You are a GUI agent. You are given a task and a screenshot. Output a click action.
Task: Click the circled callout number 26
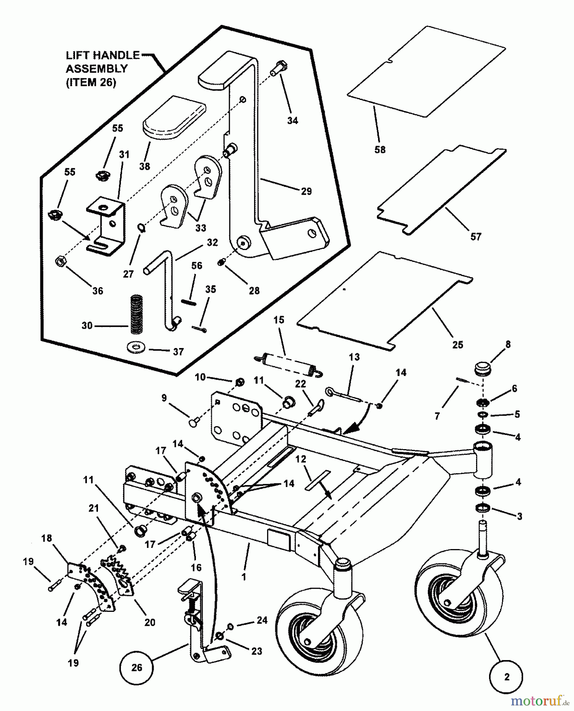tap(137, 668)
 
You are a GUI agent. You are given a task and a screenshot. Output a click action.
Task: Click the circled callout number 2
tap(506, 677)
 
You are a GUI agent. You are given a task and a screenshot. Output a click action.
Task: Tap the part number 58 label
tap(380, 150)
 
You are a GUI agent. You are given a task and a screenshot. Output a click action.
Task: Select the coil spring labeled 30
tap(136, 315)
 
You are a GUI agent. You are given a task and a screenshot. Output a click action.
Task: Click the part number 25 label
tap(457, 344)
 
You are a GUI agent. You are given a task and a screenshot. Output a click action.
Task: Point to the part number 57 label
tap(476, 236)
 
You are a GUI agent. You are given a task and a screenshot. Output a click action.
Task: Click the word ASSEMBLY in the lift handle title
tap(96, 69)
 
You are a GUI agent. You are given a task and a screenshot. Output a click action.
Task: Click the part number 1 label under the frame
tap(244, 576)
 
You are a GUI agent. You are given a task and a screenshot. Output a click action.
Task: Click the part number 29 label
tap(306, 191)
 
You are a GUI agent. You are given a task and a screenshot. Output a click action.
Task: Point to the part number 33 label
tap(201, 228)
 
